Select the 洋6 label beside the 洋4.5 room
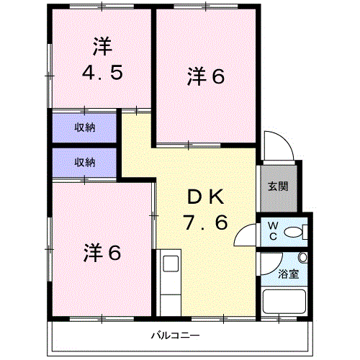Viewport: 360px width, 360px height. [207, 76]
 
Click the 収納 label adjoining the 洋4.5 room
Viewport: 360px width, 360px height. [85, 128]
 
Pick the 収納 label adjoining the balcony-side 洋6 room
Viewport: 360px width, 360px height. [85, 163]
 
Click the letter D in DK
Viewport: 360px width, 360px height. [194, 196]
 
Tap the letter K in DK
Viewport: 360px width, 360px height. [220, 196]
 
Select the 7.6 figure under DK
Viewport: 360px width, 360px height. [207, 222]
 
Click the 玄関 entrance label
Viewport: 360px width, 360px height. [279, 186]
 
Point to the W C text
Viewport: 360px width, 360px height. [273, 231]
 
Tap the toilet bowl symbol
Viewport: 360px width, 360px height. [294, 232]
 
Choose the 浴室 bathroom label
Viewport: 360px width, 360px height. [288, 274]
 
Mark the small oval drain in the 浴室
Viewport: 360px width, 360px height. [302, 258]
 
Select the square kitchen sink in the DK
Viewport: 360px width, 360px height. [171, 263]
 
